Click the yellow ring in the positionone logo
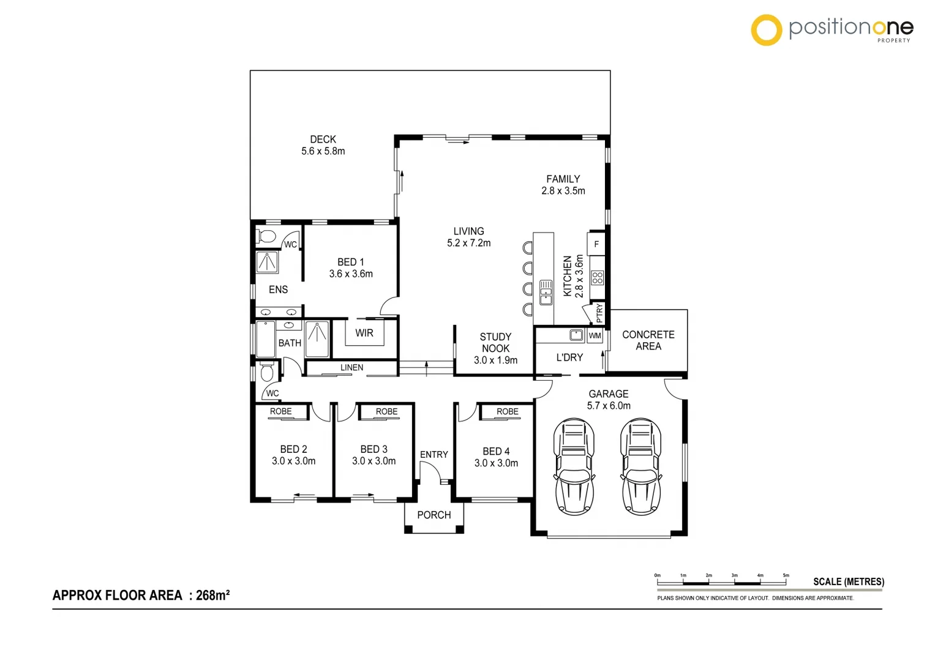[766, 30]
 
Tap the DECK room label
[323, 140]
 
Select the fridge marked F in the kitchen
[596, 244]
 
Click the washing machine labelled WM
[595, 335]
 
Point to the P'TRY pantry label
[599, 313]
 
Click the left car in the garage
[574, 466]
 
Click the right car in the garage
[640, 466]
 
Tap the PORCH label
[434, 515]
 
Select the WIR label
[364, 333]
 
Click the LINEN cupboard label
[351, 367]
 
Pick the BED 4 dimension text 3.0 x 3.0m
[496, 463]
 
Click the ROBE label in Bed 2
[281, 411]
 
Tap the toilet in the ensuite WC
[266, 236]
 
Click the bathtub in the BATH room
[265, 339]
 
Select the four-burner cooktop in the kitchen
[597, 278]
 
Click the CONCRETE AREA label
[648, 340]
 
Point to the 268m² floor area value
[212, 595]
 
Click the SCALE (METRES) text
[848, 581]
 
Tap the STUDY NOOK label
[495, 343]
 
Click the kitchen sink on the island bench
[546, 293]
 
